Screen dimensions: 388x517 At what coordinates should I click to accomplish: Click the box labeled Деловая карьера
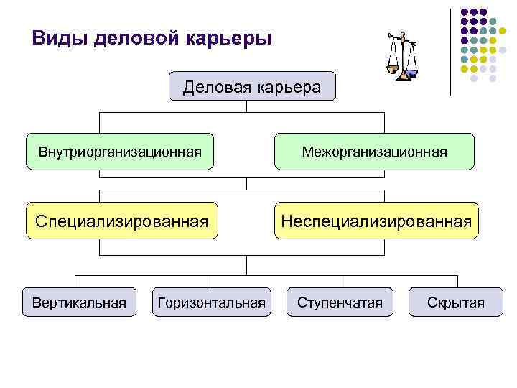[252, 86]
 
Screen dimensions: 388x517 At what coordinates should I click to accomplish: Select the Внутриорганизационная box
[120, 152]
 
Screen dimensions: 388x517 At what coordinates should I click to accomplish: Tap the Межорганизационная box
[374, 152]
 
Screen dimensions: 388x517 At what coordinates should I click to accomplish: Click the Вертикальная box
[80, 302]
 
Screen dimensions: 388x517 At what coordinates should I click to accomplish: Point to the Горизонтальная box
[212, 302]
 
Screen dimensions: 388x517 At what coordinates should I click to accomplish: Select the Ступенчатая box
[340, 302]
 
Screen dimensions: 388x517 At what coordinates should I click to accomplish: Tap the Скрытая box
[456, 302]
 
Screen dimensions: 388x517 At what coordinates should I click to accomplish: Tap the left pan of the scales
[391, 69]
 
